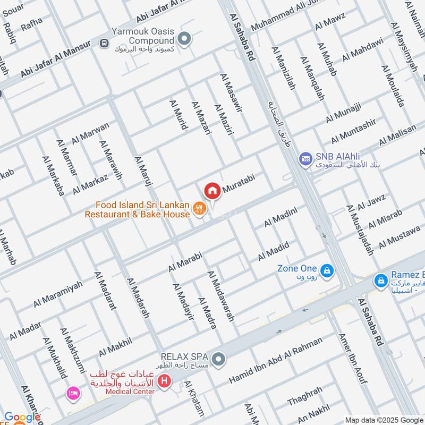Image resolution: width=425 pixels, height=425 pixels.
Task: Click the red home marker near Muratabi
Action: tap(212, 190)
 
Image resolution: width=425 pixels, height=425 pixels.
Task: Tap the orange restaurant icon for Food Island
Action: tap(199, 209)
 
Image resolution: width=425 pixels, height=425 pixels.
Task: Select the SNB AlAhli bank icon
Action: tap(305, 158)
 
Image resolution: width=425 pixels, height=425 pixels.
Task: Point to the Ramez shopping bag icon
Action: tap(380, 279)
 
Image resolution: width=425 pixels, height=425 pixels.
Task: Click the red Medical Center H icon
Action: tap(165, 381)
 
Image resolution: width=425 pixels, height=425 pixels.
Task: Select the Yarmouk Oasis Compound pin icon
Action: tap(184, 38)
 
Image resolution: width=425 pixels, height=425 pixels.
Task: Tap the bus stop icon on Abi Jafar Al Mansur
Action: tap(104, 44)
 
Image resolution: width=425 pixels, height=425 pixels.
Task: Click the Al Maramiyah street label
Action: tap(58, 294)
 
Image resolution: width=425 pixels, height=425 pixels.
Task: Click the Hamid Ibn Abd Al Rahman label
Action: tap(275, 361)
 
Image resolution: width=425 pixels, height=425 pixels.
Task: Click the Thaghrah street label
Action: tap(304, 395)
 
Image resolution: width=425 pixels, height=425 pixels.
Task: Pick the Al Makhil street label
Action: tap(115, 347)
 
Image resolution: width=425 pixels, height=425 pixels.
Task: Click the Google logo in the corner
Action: tap(21, 418)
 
